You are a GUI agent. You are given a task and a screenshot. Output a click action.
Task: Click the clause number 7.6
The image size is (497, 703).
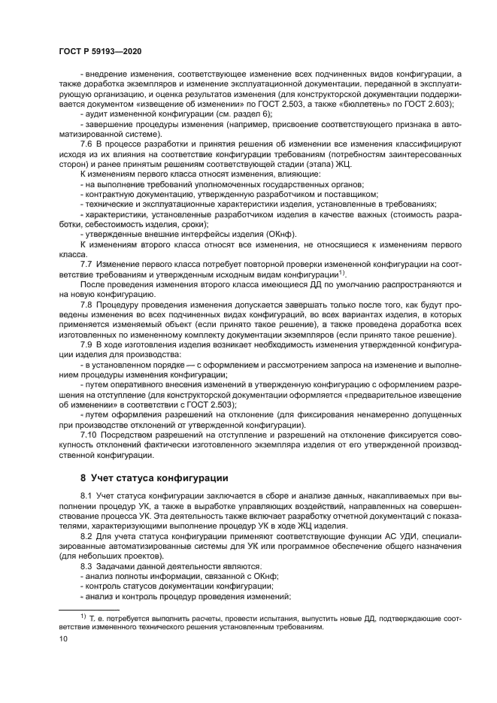pos(86,142)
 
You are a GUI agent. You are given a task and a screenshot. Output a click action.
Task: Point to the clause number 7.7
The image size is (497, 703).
pos(86,266)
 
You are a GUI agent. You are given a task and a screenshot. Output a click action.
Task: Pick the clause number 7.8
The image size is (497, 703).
pos(86,307)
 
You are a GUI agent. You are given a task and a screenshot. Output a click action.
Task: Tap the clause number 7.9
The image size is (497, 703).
pos(86,343)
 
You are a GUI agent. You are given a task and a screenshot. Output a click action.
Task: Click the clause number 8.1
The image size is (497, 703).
pos(86,497)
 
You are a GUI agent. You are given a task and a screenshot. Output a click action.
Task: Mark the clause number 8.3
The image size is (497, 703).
pos(86,565)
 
